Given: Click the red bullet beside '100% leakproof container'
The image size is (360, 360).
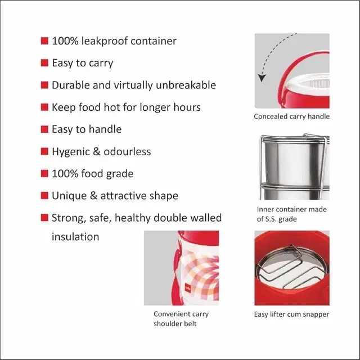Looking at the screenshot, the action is coord(44,41).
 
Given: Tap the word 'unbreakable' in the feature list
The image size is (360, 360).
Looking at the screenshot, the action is coord(186,85).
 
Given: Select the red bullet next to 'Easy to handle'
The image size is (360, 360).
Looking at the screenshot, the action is coord(44,129).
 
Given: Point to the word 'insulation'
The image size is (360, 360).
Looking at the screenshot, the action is coord(75,236).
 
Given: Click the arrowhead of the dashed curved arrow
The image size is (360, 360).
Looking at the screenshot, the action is coord(262,78).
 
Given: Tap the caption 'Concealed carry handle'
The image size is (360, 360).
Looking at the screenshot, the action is coord(291,116).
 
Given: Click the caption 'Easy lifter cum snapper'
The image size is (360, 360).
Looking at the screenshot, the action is coord(291,314).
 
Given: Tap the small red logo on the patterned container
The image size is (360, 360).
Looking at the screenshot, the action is coord(188,287).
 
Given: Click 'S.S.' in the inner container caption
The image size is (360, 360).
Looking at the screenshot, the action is coord(271,219).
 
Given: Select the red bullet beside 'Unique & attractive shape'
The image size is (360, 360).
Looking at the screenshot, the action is coord(44,196).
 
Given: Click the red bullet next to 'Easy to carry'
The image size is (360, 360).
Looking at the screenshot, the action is coord(44,63).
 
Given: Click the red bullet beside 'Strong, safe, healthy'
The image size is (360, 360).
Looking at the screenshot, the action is coord(44,218).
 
